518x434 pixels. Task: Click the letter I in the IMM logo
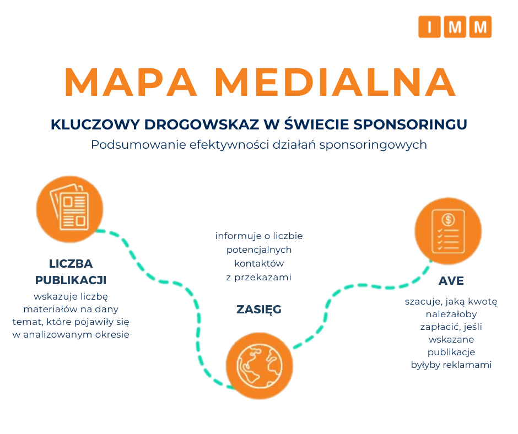tap(429, 27)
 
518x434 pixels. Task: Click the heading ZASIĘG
tap(259, 310)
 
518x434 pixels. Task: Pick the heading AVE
tap(451, 281)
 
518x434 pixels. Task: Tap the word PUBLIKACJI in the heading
tap(71, 280)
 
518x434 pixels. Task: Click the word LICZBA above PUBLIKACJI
tap(71, 263)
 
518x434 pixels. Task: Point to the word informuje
tap(235, 236)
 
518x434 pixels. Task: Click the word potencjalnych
tap(259, 249)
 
